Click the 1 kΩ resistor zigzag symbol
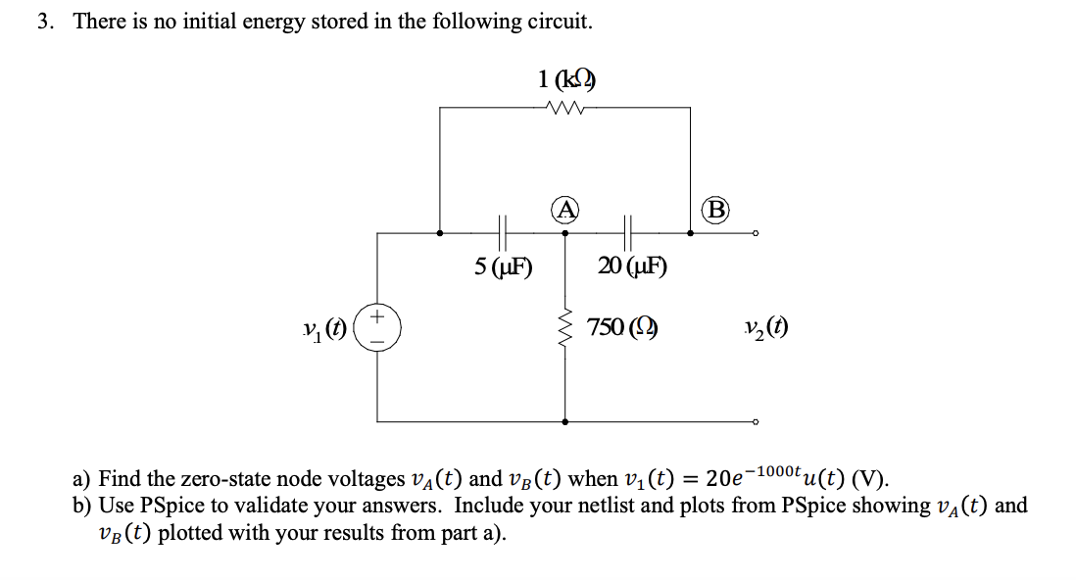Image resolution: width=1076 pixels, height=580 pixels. coord(565,108)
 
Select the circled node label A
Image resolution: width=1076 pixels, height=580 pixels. coord(564,209)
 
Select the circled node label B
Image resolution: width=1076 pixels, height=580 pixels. coord(717,209)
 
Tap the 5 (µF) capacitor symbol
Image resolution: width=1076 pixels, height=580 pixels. coord(504,233)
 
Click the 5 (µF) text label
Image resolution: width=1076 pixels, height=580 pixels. coord(503,266)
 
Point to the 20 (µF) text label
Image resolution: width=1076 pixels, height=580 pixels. coord(632,266)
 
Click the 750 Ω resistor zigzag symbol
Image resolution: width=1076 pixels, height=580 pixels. coord(565,326)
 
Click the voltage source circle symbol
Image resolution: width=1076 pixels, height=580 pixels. coord(377,326)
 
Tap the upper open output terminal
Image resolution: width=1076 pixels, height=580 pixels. coord(756,233)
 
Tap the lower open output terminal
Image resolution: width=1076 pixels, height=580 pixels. coord(756,422)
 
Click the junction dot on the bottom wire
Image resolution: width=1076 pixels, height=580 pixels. coord(565,422)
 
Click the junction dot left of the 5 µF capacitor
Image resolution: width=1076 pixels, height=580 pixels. coord(440,233)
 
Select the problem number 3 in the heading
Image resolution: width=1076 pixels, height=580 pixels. coord(44,22)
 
